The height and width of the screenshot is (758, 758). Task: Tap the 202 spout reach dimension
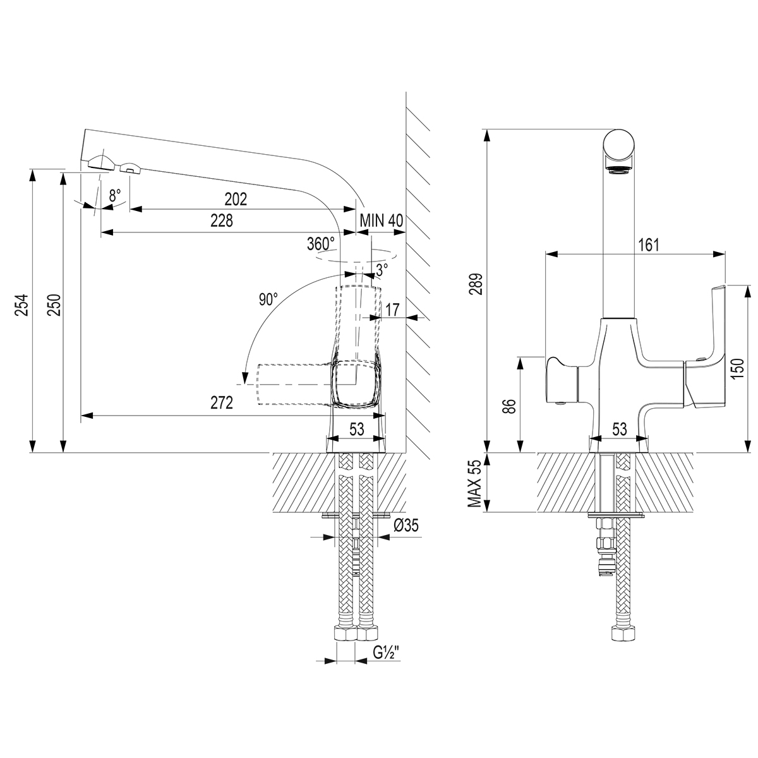tap(236, 199)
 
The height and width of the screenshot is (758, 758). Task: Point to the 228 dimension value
tap(222, 221)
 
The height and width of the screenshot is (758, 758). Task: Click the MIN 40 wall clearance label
tap(381, 221)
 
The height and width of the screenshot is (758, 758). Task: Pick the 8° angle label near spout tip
tap(114, 196)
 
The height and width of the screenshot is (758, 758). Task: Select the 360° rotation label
tap(320, 244)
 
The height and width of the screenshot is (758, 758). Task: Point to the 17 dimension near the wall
tap(392, 310)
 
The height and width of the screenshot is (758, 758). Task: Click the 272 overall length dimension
tap(222, 402)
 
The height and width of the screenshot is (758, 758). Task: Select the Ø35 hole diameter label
tap(406, 525)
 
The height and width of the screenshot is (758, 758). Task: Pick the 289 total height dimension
tap(478, 284)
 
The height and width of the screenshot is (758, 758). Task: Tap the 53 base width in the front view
tap(619, 430)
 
